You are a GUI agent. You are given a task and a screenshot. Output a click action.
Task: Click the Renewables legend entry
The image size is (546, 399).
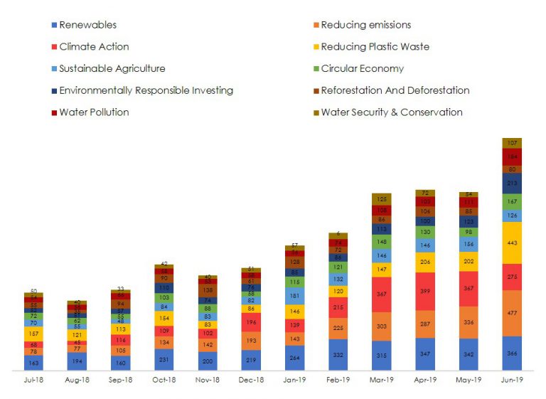coord(87,25)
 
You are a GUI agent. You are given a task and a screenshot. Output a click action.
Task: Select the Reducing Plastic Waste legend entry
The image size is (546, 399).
coord(375,47)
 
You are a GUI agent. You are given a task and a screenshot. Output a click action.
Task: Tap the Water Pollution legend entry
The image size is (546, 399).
coord(94,112)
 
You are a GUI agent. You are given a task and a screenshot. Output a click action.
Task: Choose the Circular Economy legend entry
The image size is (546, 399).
coord(362,68)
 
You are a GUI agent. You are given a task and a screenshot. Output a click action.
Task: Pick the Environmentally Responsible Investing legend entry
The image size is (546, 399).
coord(146,90)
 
